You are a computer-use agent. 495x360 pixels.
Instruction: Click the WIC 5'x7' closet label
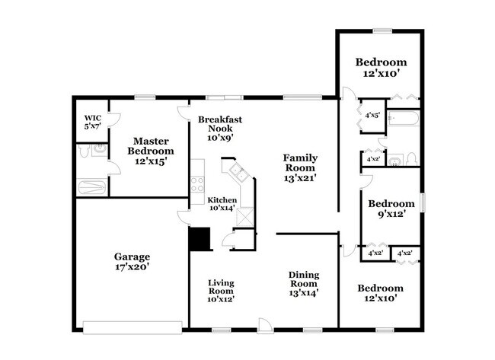(92, 122)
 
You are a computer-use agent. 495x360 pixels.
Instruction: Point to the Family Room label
(300, 167)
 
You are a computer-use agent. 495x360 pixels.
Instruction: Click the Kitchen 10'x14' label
(222, 205)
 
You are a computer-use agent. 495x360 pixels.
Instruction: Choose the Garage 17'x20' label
(133, 262)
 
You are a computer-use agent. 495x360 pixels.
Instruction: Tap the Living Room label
(221, 291)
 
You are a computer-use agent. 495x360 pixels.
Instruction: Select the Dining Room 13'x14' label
(302, 283)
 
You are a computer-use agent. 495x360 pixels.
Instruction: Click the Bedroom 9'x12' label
(391, 209)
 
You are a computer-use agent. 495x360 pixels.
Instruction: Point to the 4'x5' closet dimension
(372, 116)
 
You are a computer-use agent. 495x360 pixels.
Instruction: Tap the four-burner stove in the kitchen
(197, 183)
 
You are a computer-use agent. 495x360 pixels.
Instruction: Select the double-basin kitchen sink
(234, 170)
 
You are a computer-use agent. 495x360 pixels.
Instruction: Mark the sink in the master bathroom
(99, 150)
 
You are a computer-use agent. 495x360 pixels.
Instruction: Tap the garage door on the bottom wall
(133, 328)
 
